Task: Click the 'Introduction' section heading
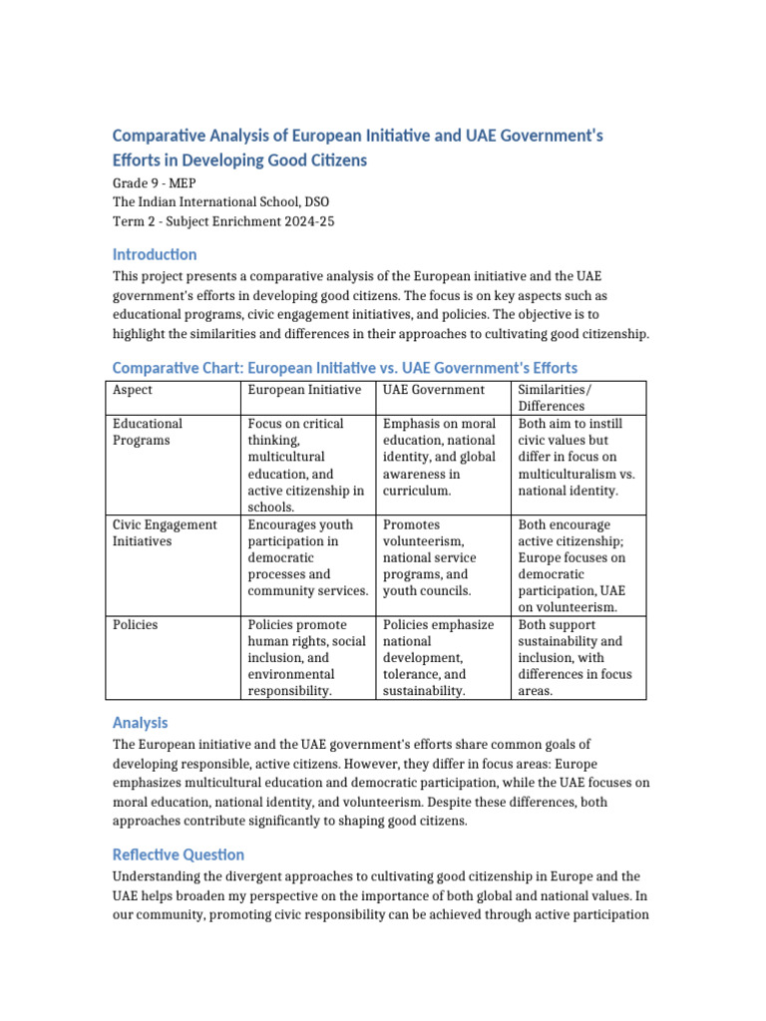click(155, 254)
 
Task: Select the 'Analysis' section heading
click(140, 723)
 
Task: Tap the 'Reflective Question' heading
click(178, 854)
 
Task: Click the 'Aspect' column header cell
click(133, 390)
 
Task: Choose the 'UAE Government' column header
click(434, 390)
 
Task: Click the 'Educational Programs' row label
click(148, 432)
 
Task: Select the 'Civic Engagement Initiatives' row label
click(165, 532)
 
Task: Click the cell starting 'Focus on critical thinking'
click(307, 466)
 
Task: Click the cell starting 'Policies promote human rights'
click(307, 657)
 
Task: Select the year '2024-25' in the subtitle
click(307, 221)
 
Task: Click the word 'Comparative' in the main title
click(162, 135)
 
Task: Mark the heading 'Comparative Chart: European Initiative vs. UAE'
click(344, 368)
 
